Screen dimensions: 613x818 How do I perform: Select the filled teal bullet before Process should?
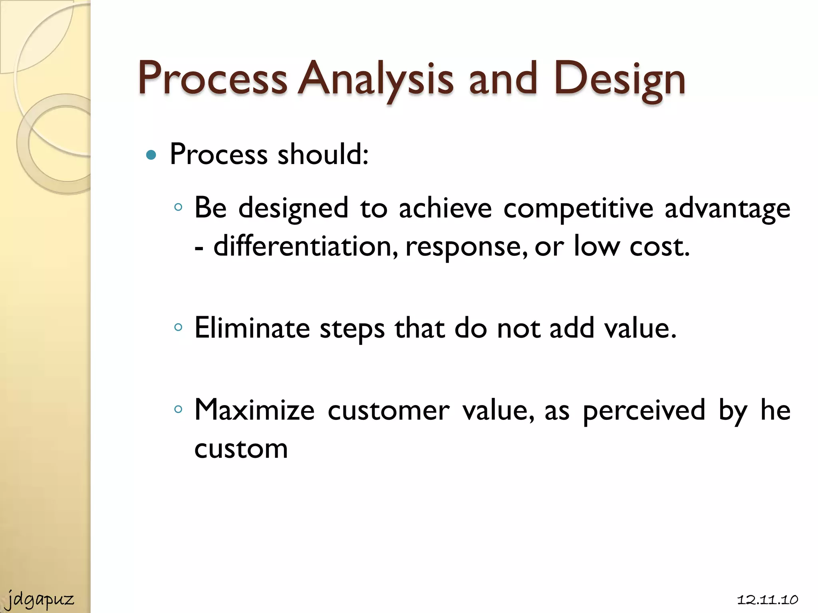coord(151,155)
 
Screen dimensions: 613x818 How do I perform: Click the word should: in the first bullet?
coord(323,154)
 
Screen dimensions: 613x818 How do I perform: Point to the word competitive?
coord(578,209)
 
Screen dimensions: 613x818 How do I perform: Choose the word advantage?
coord(727,209)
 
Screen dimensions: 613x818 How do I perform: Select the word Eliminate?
coord(252,328)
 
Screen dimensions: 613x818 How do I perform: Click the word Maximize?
coord(254,410)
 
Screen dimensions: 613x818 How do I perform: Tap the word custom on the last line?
coord(241,449)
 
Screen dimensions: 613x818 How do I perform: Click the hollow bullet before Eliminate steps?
coord(178,328)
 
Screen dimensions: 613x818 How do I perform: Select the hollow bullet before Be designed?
coord(178,207)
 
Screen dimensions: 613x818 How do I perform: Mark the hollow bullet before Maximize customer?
coord(178,409)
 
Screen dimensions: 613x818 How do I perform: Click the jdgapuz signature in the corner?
coord(40,599)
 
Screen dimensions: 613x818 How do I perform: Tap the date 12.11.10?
coord(767,600)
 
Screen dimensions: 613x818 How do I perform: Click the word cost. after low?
coord(659,247)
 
